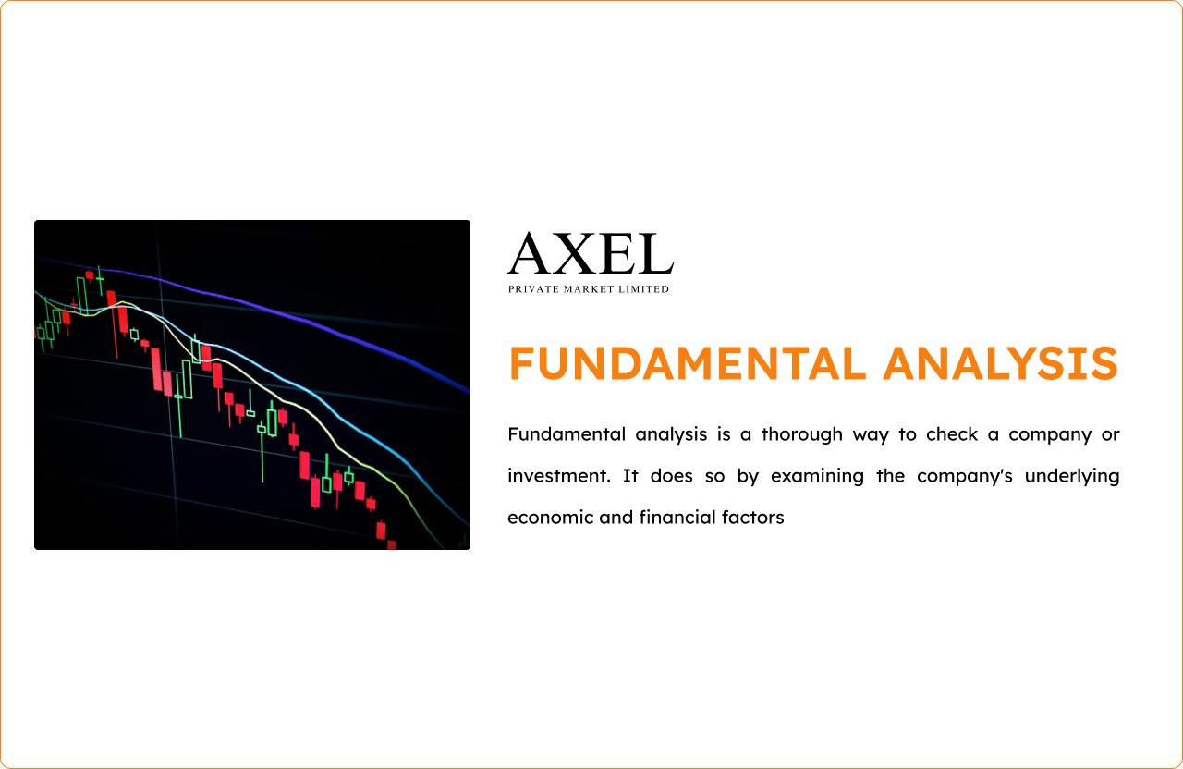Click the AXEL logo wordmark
(x=591, y=253)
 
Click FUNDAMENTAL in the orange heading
(x=687, y=363)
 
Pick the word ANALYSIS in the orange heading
(x=1000, y=363)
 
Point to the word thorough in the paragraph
(x=801, y=434)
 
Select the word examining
(x=817, y=477)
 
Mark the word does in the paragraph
(x=671, y=476)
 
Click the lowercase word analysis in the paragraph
(x=671, y=435)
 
